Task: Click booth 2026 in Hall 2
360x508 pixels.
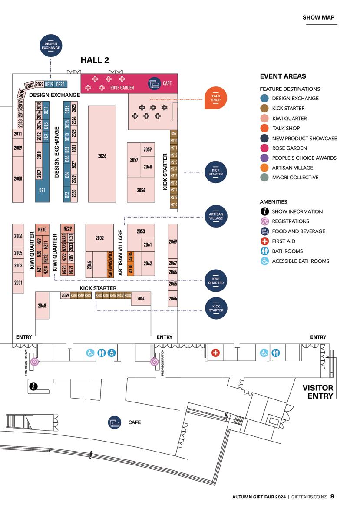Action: click(102, 155)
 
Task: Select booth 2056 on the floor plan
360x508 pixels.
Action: click(141, 190)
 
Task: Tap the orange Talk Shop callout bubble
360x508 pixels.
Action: click(216, 98)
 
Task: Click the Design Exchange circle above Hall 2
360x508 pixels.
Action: click(51, 46)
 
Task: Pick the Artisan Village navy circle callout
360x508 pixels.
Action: click(216, 216)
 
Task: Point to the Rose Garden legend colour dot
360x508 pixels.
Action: click(264, 148)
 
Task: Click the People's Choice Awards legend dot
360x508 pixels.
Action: click(264, 158)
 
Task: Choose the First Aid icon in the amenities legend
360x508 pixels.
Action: click(264, 241)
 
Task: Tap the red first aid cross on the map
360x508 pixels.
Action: click(215, 353)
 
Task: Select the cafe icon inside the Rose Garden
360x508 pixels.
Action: click(153, 83)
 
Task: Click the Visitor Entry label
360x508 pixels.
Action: click(318, 392)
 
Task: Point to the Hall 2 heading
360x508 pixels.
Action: click(95, 60)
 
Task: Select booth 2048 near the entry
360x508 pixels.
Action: click(42, 306)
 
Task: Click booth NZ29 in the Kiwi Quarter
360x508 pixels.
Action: click(67, 228)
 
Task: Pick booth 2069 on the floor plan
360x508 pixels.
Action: click(173, 241)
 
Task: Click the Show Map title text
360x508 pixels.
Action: click(318, 18)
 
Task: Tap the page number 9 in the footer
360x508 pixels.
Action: click(332, 496)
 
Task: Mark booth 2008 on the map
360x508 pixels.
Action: click(18, 178)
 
